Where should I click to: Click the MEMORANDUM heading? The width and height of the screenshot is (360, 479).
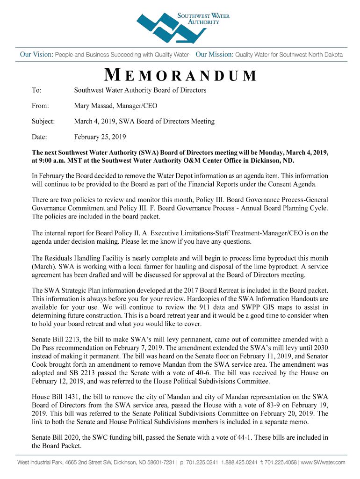pyautogui.click(x=180, y=75)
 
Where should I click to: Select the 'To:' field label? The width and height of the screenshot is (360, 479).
pyautogui.click(x=36, y=90)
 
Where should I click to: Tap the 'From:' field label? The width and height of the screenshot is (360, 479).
pyautogui.click(x=40, y=106)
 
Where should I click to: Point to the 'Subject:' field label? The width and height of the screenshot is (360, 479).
pyautogui.click(x=43, y=121)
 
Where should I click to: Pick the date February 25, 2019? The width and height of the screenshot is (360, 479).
pyautogui.click(x=100, y=137)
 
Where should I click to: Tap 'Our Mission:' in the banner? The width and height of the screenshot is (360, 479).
pyautogui.click(x=214, y=55)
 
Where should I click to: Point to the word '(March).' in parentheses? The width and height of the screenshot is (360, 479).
pyautogui.click(x=45, y=266)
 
